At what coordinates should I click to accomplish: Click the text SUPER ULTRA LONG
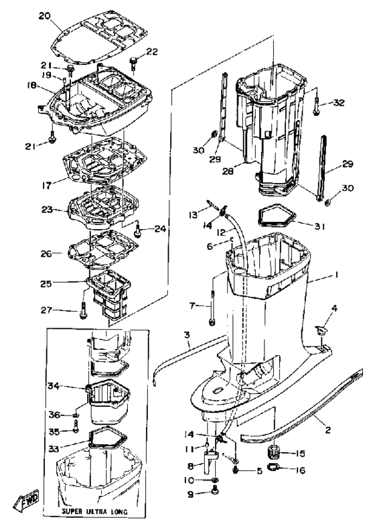[94, 512]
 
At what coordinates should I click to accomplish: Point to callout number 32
[339, 103]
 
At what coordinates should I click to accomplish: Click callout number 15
[299, 453]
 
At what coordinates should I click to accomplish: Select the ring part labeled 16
[273, 468]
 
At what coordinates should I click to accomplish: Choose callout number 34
[53, 385]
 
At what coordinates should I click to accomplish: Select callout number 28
[228, 171]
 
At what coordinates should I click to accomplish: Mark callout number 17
[46, 185]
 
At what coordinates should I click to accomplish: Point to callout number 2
[327, 430]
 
